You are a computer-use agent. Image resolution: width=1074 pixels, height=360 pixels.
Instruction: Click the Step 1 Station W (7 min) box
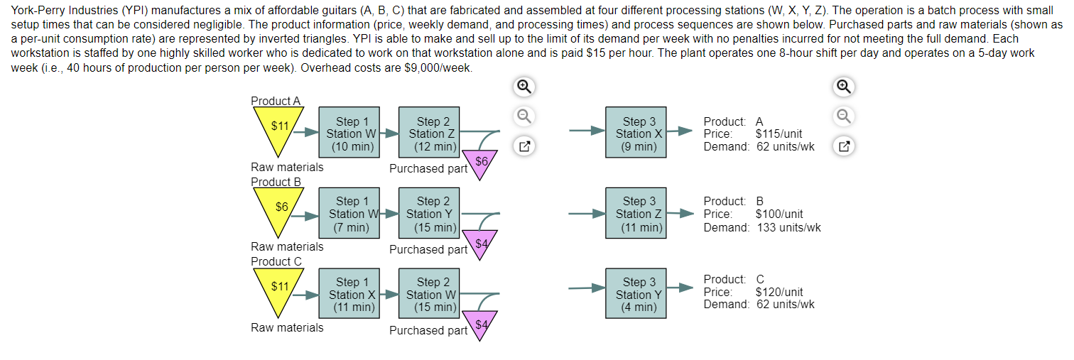(347, 214)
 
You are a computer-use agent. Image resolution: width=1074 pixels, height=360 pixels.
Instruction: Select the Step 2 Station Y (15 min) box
(428, 214)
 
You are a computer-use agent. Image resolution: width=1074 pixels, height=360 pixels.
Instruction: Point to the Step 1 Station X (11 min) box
(347, 294)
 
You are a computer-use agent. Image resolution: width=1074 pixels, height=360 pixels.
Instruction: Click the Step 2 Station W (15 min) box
(428, 294)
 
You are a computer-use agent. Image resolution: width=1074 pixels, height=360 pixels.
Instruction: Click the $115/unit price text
(779, 134)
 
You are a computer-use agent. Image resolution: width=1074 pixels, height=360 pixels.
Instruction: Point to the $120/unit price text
(779, 292)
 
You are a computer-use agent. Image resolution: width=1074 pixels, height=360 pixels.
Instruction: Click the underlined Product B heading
(276, 182)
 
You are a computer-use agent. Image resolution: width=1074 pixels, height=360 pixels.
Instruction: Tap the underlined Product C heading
(276, 261)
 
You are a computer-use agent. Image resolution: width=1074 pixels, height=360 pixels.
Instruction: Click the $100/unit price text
(779, 214)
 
